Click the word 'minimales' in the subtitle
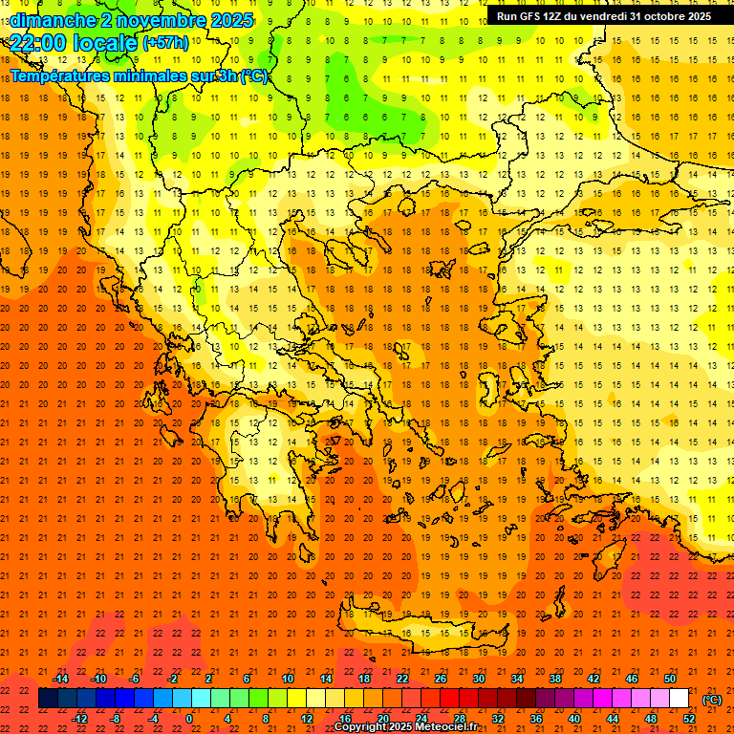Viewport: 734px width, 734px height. click(169, 76)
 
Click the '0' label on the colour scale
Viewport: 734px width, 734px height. click(189, 719)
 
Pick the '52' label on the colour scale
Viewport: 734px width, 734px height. click(689, 719)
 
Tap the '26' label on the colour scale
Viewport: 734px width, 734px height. click(441, 679)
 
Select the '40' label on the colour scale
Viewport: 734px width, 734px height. click(574, 719)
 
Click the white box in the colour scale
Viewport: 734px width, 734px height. click(679, 699)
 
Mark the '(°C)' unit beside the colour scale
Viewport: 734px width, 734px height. click(712, 700)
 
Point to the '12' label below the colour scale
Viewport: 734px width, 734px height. click(307, 719)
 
